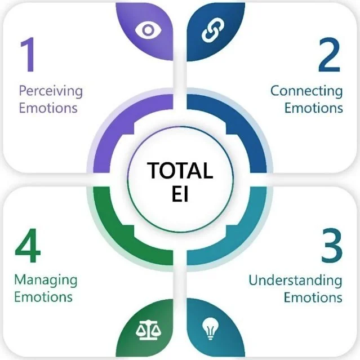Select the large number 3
(x=332, y=247)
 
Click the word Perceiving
(x=50, y=91)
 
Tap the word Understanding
(x=295, y=280)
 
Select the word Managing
(x=46, y=280)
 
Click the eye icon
(x=148, y=30)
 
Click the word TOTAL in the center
(x=180, y=169)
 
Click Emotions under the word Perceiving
(x=48, y=107)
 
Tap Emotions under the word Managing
(x=43, y=296)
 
